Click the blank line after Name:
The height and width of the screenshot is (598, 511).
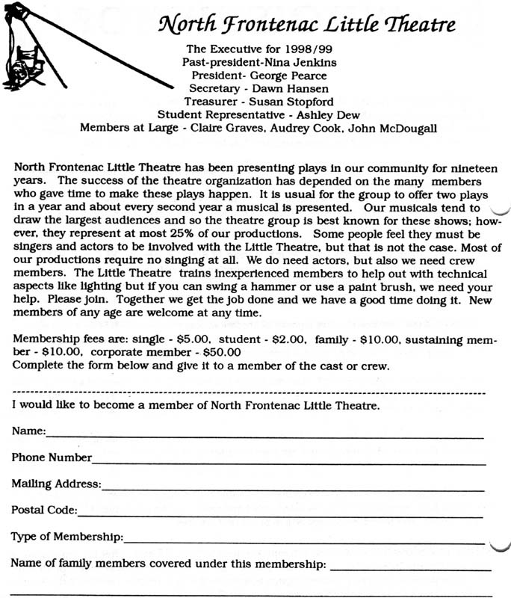[265, 436]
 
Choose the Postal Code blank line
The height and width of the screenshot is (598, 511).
[280, 515]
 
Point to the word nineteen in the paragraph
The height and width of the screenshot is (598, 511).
[468, 167]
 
